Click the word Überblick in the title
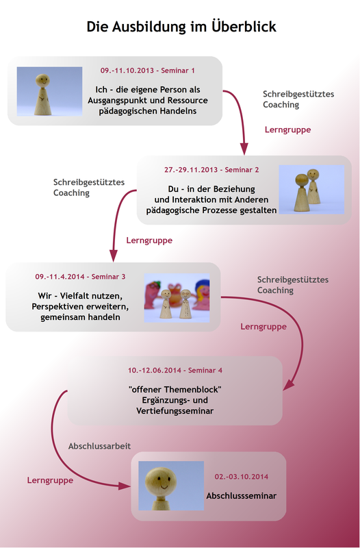(x=244, y=26)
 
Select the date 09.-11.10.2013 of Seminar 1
(x=127, y=71)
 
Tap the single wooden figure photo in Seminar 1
(x=49, y=91)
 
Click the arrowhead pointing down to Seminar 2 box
(x=244, y=148)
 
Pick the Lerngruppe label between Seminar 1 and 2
(x=287, y=129)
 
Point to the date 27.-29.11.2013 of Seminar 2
(x=191, y=170)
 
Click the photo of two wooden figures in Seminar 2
(x=311, y=190)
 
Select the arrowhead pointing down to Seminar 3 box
(x=113, y=255)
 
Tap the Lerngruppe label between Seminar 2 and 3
(x=149, y=240)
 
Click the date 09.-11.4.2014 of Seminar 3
(x=60, y=277)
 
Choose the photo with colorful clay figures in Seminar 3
(x=177, y=298)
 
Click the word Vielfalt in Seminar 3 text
(x=74, y=296)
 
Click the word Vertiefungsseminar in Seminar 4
(x=175, y=410)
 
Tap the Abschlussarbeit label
(x=99, y=447)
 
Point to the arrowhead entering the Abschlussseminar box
(x=125, y=486)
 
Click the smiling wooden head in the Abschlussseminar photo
(x=161, y=481)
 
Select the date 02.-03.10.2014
(x=242, y=477)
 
